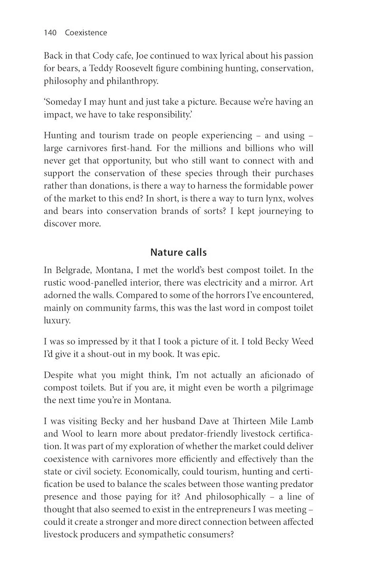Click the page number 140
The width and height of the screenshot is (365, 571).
click(x=50, y=33)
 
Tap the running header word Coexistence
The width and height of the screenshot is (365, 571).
click(x=86, y=33)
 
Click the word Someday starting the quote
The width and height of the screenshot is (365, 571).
click(x=62, y=102)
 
